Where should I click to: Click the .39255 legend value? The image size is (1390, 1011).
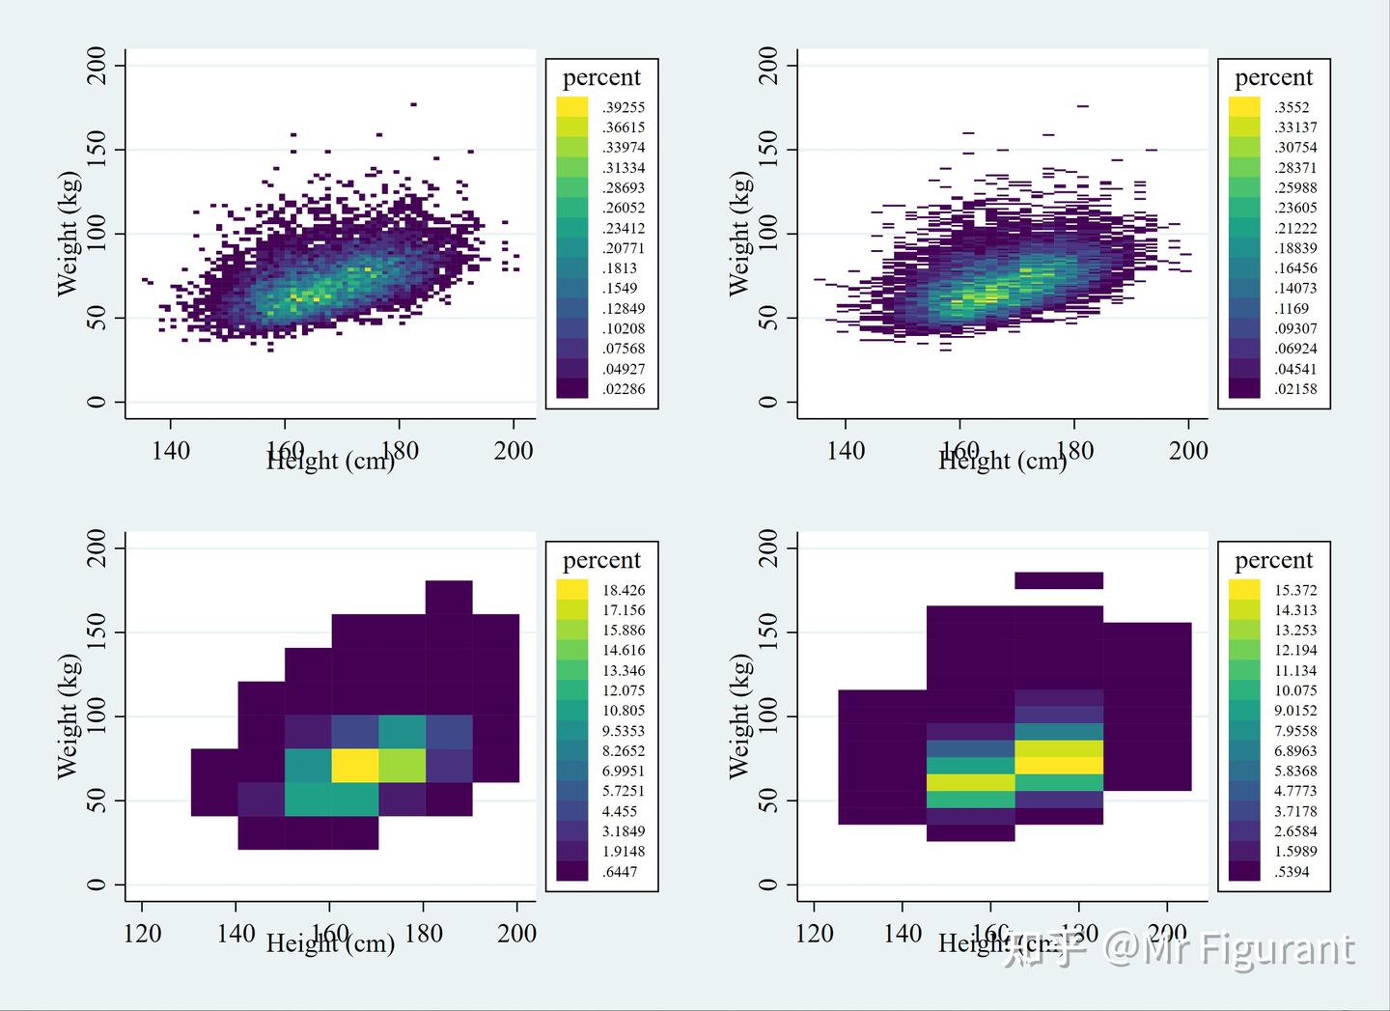[x=623, y=107]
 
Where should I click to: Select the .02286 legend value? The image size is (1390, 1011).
[x=623, y=389]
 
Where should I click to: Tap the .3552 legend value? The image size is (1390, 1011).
[x=1292, y=107]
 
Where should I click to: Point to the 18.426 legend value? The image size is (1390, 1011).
[x=623, y=590]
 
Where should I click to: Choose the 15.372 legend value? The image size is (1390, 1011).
[x=1295, y=590]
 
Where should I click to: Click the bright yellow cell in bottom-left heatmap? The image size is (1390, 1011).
[x=354, y=765]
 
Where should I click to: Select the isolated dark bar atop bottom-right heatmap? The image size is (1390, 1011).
[x=1058, y=580]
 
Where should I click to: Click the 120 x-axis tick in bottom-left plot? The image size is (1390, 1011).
[x=142, y=933]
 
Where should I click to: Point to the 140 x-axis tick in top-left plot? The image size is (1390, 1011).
[x=171, y=450]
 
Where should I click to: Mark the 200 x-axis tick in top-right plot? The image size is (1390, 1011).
[x=1188, y=450]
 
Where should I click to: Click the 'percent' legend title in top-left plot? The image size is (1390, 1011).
[x=601, y=77]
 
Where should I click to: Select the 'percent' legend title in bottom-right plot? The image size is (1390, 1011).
[x=1273, y=560]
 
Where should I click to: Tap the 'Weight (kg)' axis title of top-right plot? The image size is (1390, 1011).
[x=739, y=233]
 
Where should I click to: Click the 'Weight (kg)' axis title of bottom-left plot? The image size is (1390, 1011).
[x=67, y=716]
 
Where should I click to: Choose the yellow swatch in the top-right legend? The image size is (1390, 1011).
[x=1243, y=106]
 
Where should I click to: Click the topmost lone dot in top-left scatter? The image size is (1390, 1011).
[x=413, y=103]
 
